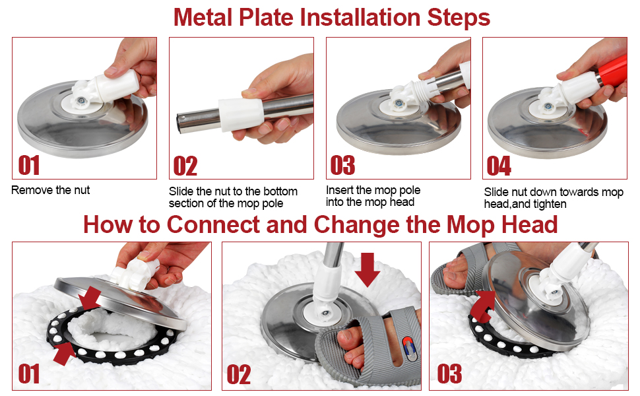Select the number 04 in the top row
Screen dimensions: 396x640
(499, 165)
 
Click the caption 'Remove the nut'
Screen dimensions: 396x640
(50, 190)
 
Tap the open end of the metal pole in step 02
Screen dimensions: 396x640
(180, 122)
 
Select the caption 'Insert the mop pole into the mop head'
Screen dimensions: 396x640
(373, 196)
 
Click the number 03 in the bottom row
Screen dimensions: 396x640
(449, 374)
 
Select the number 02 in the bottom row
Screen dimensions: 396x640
(238, 374)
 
